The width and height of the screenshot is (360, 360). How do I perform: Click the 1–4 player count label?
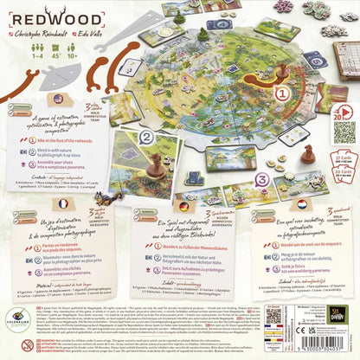point(18,55)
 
